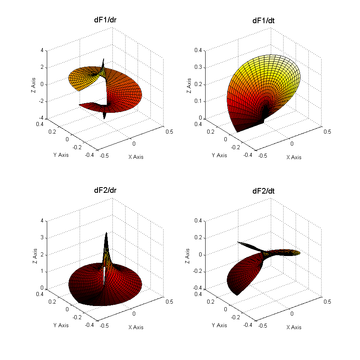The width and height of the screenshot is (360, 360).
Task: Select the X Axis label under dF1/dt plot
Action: click(294, 157)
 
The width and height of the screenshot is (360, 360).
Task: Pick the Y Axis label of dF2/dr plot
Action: click(61, 325)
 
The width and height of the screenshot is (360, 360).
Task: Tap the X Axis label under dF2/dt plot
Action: click(294, 327)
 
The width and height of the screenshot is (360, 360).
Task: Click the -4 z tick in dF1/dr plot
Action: click(41, 119)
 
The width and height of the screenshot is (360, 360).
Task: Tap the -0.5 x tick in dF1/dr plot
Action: click(105, 156)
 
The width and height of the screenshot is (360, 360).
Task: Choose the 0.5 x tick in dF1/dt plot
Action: click(327, 132)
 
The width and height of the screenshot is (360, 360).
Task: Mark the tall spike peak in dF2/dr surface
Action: click(106, 233)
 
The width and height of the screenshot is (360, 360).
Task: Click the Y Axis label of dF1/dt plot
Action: click(219, 155)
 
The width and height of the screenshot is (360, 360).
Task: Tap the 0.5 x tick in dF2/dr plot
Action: click(169, 302)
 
